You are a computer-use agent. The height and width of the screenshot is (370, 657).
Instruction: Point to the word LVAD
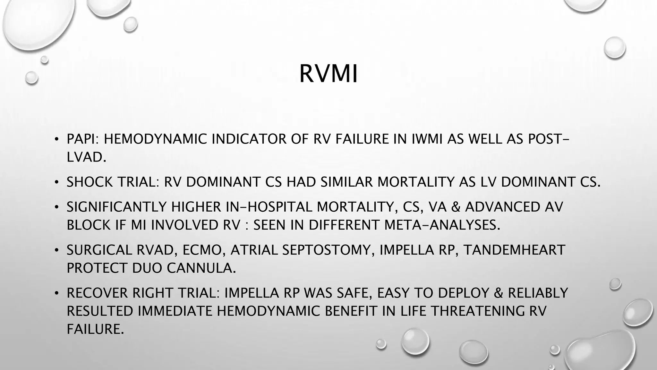pyautogui.click(x=86, y=157)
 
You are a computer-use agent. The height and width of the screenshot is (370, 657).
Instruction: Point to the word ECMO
pyautogui.click(x=203, y=250)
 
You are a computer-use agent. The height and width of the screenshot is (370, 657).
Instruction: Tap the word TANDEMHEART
pyautogui.click(x=514, y=250)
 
